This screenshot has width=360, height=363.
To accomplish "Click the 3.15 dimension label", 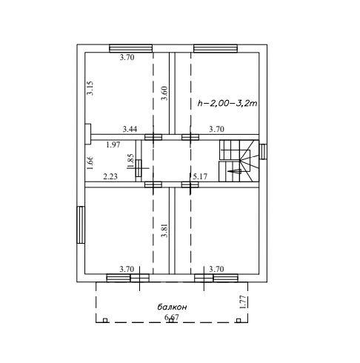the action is [90, 88].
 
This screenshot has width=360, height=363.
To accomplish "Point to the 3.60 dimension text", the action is [164, 93].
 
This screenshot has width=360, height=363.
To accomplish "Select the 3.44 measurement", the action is [130, 129].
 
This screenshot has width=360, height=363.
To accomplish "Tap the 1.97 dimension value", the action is [113, 144].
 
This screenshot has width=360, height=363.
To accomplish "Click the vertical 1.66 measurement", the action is [90, 162].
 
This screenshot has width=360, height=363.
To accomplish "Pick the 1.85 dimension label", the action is [130, 161].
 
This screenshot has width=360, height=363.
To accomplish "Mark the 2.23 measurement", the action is [110, 176].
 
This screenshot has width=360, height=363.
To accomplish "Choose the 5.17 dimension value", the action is [200, 176].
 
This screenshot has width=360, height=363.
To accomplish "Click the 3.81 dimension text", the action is [164, 230].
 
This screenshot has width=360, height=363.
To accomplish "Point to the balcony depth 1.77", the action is [244, 302].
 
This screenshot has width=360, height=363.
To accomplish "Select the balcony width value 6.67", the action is [172, 317].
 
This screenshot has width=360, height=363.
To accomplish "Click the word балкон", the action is [172, 307].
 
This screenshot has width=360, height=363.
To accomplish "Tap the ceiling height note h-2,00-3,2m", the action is [227, 103].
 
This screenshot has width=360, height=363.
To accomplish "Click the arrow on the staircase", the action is [234, 171].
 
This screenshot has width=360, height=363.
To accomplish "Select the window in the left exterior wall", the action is [81, 224].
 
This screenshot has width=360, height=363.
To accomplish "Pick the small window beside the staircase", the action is [263, 152].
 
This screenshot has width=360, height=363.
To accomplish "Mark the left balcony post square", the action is [105, 321].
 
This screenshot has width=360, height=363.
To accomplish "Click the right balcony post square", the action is [239, 321].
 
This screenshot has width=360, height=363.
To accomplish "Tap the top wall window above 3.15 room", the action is [131, 48].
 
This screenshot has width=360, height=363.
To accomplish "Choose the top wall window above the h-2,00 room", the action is [216, 48].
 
